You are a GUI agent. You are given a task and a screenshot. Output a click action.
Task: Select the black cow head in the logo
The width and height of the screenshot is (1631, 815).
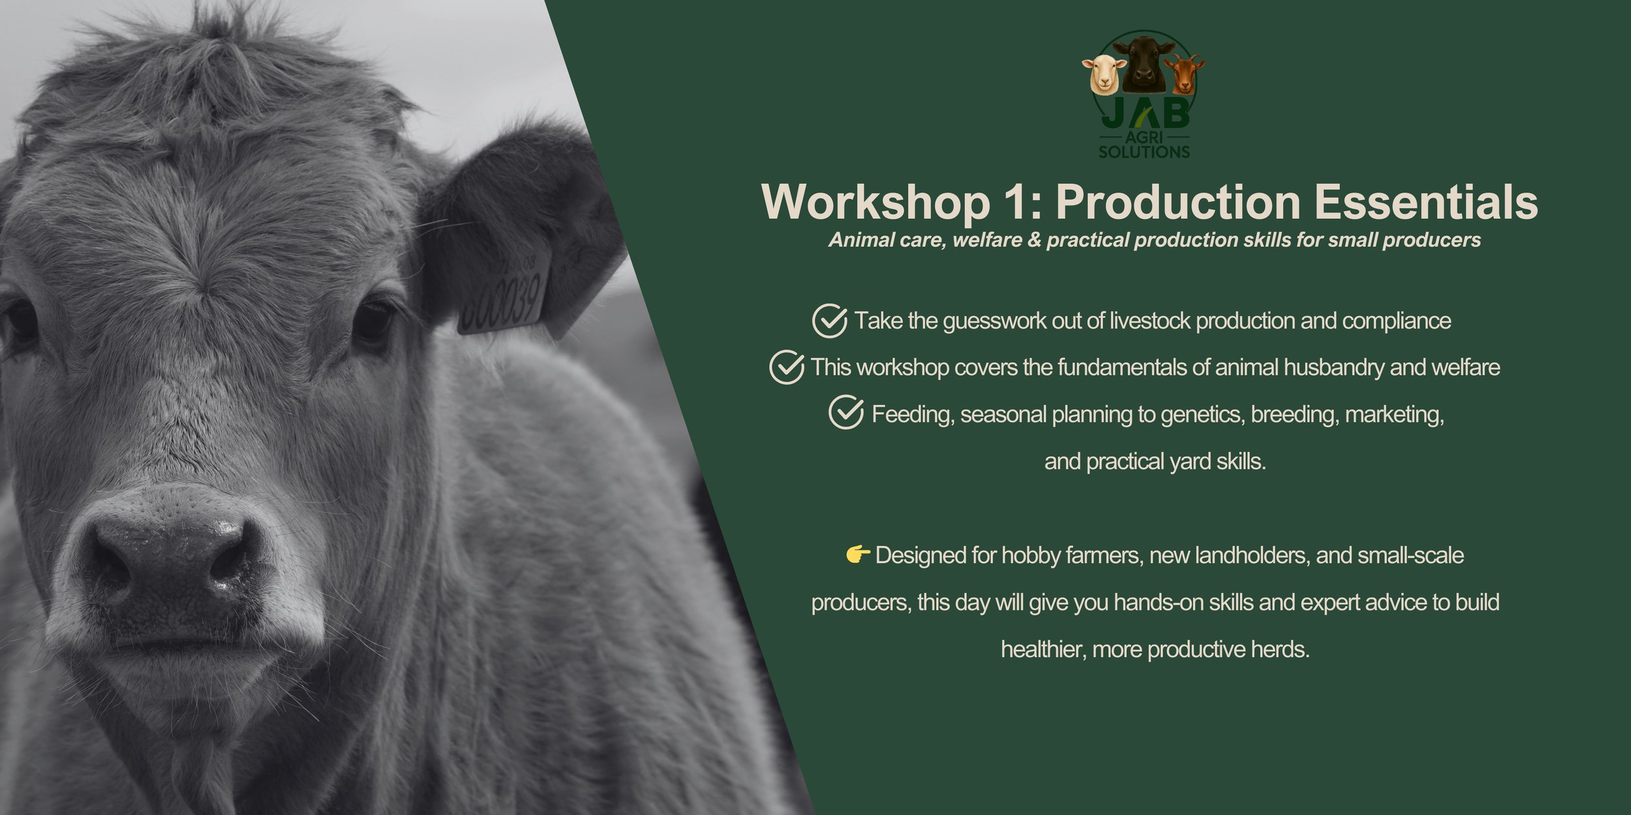point(1144,62)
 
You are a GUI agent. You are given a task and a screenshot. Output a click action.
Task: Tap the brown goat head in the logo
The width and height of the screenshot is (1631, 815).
point(1183,73)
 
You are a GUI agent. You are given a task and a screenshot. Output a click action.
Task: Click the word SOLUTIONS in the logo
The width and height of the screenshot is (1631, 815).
point(1144,152)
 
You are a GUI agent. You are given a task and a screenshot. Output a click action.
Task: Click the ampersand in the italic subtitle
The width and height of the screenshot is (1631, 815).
point(1034,240)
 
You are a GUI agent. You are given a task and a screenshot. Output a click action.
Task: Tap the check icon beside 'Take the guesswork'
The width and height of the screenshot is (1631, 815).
point(829,321)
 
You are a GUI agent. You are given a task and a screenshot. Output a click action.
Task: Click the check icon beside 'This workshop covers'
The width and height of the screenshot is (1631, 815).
point(786,367)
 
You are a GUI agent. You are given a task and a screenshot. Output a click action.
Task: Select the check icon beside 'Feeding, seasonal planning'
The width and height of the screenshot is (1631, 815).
point(846,413)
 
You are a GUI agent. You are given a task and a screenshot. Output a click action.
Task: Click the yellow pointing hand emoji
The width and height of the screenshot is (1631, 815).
point(857,554)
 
